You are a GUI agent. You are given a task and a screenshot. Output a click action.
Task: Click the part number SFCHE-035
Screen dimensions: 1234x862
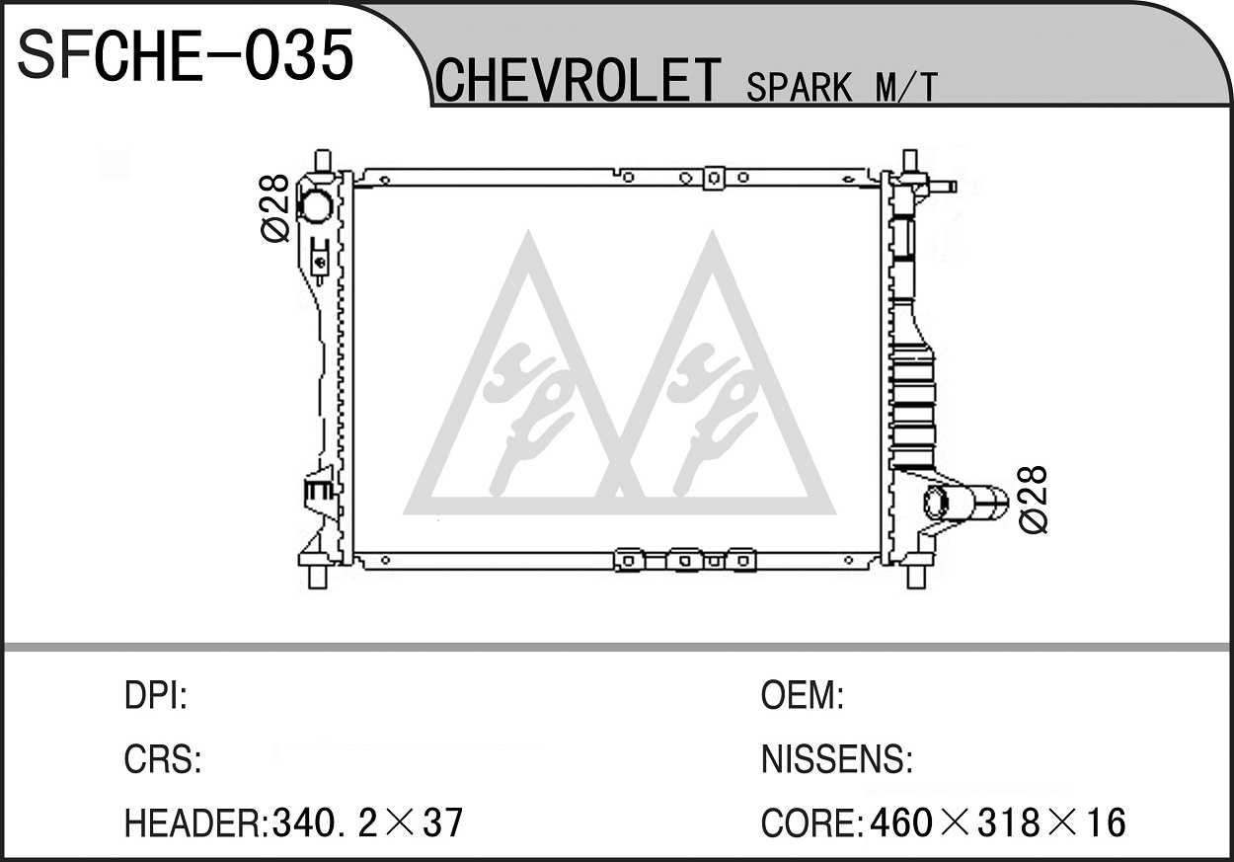tap(186, 55)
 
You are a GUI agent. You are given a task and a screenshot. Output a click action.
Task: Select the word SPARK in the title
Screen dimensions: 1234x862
tap(799, 87)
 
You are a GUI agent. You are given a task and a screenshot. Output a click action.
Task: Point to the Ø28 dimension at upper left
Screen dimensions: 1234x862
tap(274, 207)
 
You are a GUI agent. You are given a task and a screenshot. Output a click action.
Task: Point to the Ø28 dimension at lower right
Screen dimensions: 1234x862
tap(1033, 500)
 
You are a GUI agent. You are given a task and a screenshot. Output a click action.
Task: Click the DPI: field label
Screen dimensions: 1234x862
tap(156, 695)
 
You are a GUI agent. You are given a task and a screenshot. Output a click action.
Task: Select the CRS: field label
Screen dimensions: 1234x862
tap(163, 759)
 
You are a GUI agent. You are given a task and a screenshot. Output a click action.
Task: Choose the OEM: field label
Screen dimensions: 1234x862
tap(802, 695)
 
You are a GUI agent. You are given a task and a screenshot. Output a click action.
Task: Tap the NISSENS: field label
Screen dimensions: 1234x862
tap(837, 759)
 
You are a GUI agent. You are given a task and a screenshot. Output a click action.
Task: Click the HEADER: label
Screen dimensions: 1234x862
tap(196, 823)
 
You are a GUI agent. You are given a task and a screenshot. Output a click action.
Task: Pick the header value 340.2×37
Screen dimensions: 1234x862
tap(367, 823)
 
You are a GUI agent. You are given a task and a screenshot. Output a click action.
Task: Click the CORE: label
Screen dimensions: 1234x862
tap(811, 823)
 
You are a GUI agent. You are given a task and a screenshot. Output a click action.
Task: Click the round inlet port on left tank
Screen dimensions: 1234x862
tap(315, 205)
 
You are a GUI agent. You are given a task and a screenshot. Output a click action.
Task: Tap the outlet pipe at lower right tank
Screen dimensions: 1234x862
tap(965, 503)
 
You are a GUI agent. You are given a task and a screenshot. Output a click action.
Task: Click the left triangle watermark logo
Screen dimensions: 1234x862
tap(528, 372)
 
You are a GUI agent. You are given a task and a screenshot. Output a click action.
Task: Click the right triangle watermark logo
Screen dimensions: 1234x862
tap(714, 372)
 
